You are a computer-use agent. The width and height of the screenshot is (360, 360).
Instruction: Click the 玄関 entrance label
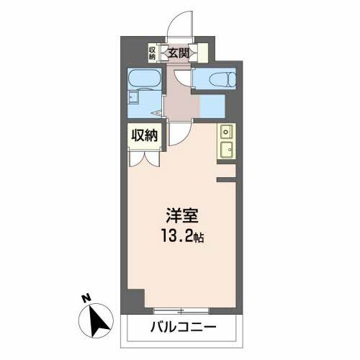click(x=179, y=52)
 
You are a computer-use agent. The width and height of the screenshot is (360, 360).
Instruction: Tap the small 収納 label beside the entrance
click(x=153, y=53)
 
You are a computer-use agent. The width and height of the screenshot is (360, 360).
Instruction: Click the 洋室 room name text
click(x=181, y=215)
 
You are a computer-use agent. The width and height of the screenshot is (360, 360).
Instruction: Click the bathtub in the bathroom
click(x=146, y=78)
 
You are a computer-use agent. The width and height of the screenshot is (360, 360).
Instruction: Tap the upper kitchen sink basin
click(x=225, y=132)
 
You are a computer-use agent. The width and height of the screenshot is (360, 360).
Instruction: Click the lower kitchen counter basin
click(x=225, y=150)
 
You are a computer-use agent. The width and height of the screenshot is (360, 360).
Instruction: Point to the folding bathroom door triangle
click(x=159, y=113)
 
